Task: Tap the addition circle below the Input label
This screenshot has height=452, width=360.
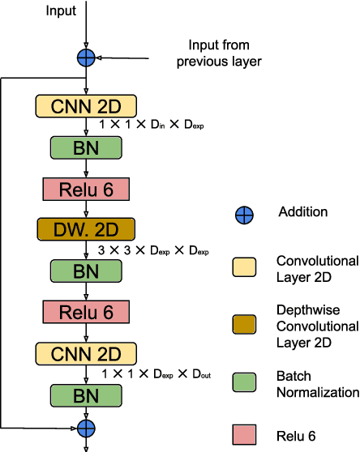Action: click(86, 57)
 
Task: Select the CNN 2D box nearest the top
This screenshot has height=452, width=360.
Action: click(86, 105)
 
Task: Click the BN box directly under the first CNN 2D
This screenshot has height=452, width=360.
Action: click(86, 147)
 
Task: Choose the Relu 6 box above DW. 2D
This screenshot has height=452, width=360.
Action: click(86, 190)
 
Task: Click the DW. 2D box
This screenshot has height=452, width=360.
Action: click(86, 228)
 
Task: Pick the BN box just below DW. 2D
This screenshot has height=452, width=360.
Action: click(86, 271)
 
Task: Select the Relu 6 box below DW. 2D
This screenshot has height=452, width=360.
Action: click(86, 312)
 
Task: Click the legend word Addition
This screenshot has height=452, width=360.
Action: click(302, 212)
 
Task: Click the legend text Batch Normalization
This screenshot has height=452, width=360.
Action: click(317, 385)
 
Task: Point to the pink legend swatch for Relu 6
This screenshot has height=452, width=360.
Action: click(244, 435)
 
